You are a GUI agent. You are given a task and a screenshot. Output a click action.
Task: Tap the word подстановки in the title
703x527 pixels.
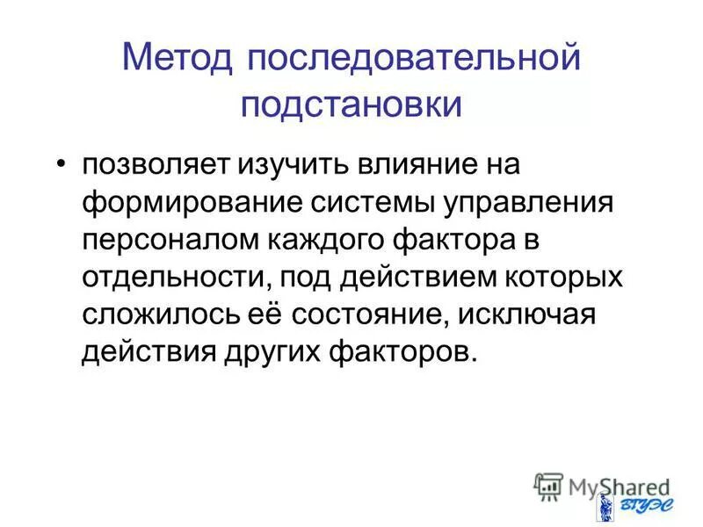coord(351,104)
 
